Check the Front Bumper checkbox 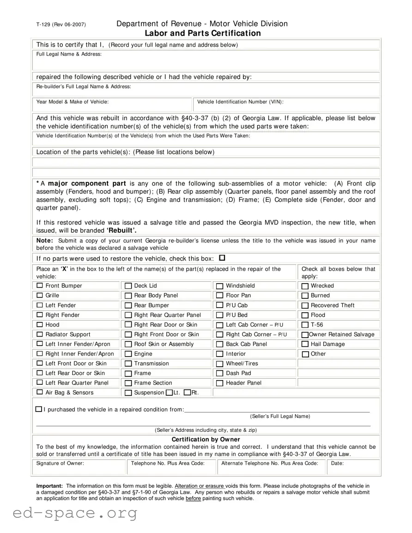coord(40,285)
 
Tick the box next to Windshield coord(220,286)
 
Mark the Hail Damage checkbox coord(305,344)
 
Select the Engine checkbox coord(128,354)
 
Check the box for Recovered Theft coord(305,305)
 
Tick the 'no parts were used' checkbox coord(222,258)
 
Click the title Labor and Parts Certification coord(203,33)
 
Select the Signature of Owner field coord(79,468)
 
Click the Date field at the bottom coord(353,468)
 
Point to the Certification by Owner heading coord(206,439)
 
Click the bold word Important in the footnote coord(49,486)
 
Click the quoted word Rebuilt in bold coord(121,230)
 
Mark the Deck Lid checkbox coord(128,286)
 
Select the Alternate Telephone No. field coord(271,468)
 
